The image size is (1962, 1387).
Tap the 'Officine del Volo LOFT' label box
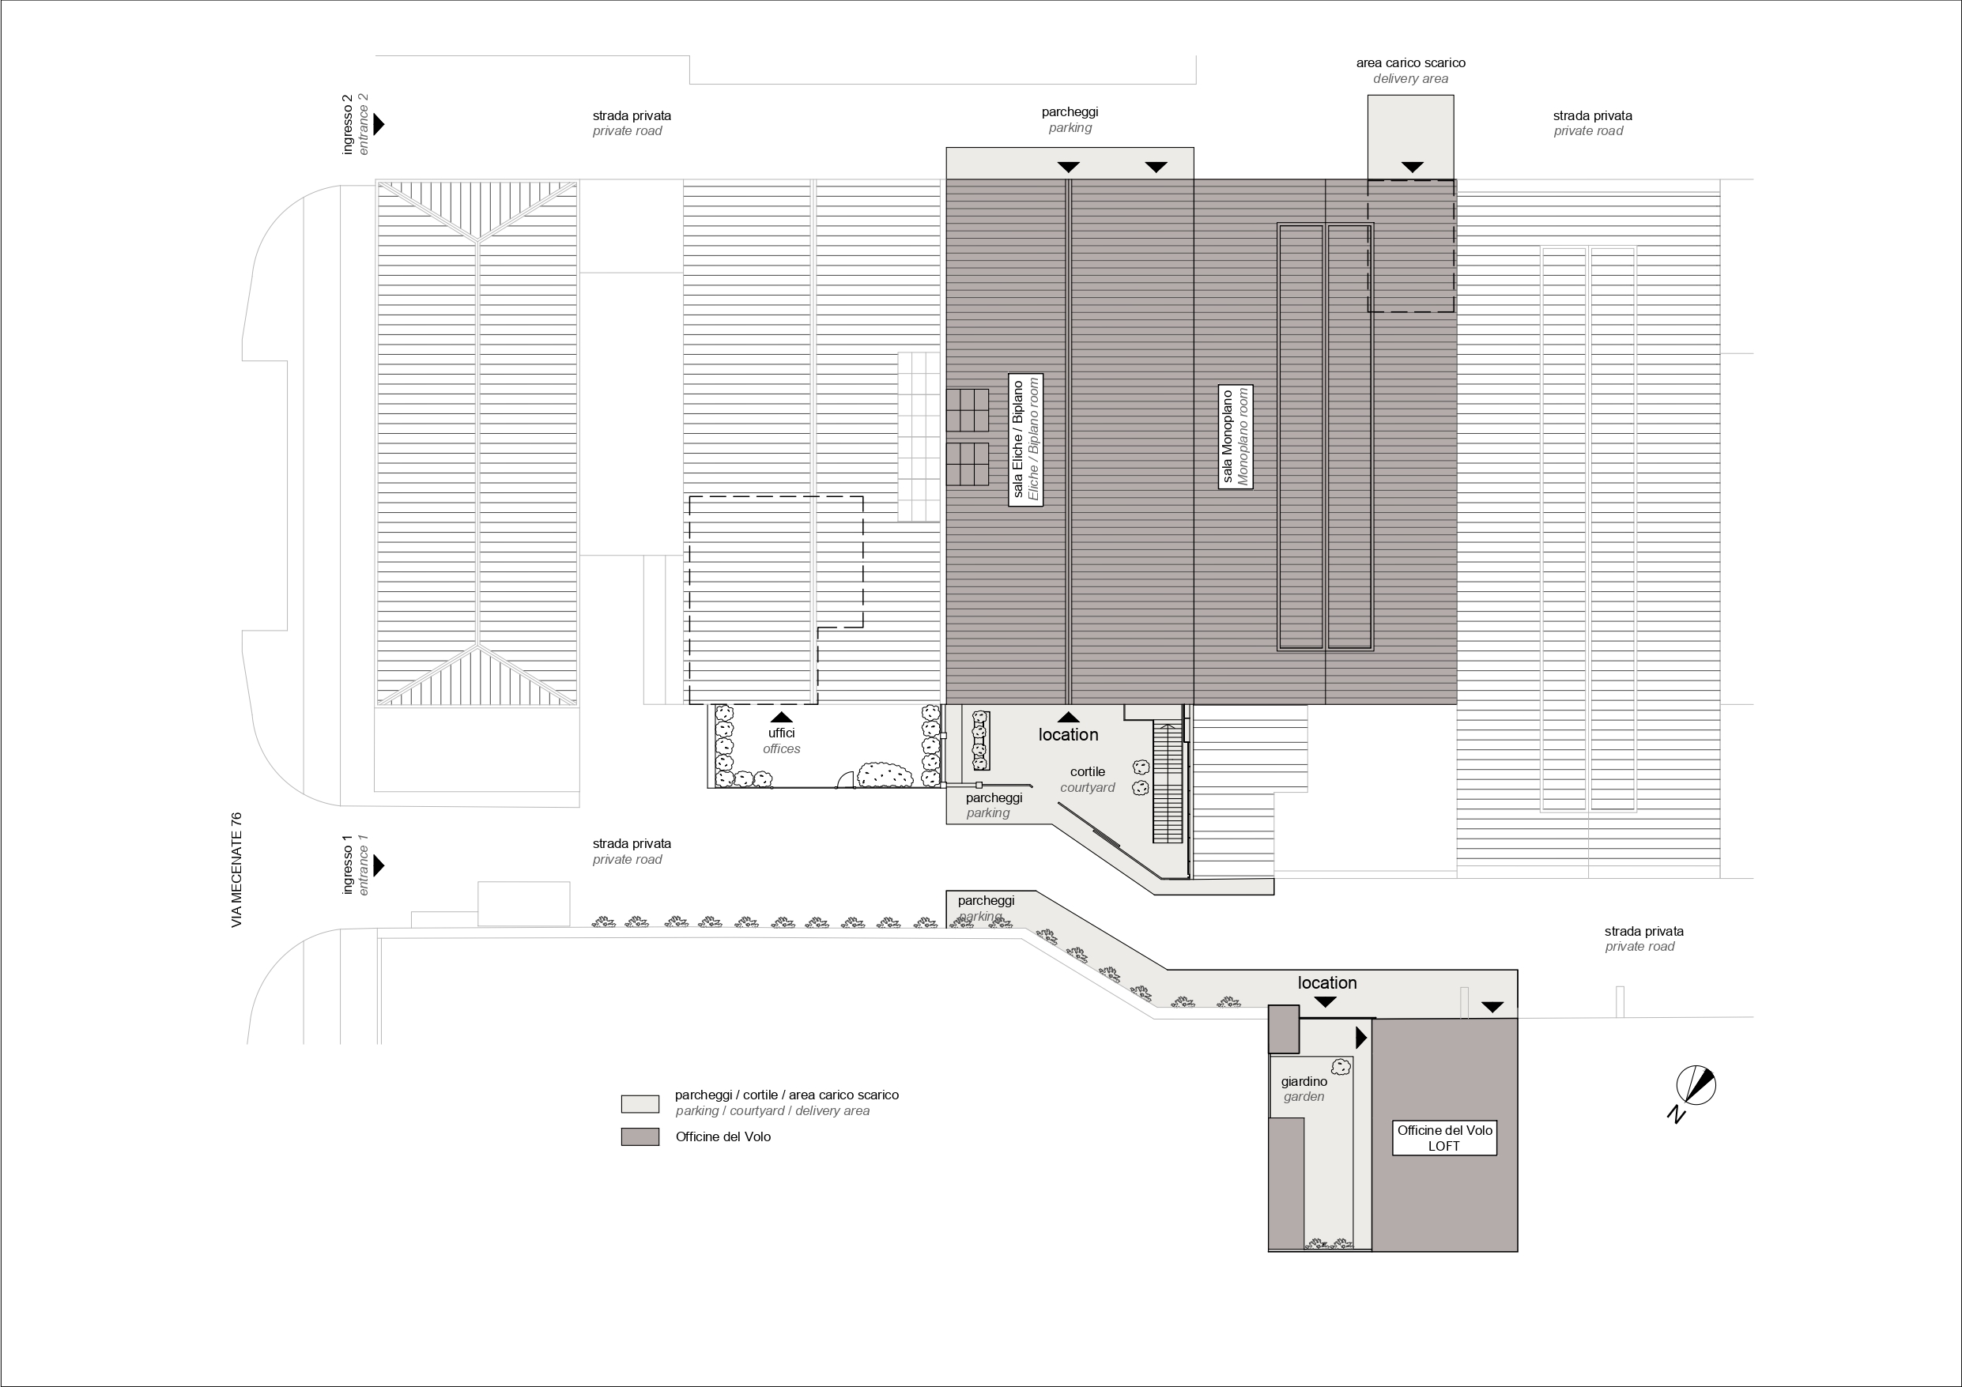pos(1444,1138)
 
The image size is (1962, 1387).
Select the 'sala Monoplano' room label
pos(1236,437)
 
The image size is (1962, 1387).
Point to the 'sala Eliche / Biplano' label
pos(1025,440)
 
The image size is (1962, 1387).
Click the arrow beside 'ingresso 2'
pos(379,124)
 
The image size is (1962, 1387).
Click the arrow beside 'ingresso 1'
pos(379,865)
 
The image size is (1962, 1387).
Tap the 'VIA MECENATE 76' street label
pos(236,870)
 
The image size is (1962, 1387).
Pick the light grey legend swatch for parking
pos(640,1104)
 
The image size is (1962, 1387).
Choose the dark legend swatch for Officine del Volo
pos(640,1136)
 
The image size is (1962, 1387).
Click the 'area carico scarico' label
pos(1411,62)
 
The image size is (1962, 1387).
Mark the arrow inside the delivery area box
pos(1413,167)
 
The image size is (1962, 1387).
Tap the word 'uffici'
pos(781,733)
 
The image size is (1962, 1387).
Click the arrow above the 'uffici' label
pos(781,717)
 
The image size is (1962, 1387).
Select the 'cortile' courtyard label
pos(1088,771)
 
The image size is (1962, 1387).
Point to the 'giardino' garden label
pos(1304,1081)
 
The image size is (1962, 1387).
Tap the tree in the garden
pos(1341,1067)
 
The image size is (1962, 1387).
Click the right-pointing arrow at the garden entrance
pos(1361,1038)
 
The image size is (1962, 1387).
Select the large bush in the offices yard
pos(885,775)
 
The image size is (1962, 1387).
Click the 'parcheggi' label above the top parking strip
pos(1070,112)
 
